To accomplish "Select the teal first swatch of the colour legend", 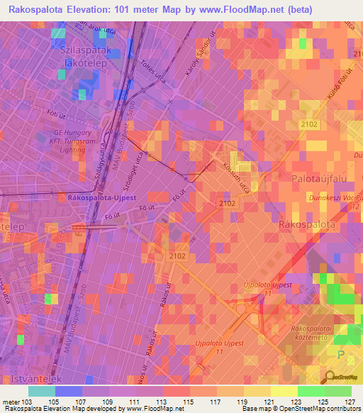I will click(x=41, y=391).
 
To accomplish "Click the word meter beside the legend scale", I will click(x=11, y=402).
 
